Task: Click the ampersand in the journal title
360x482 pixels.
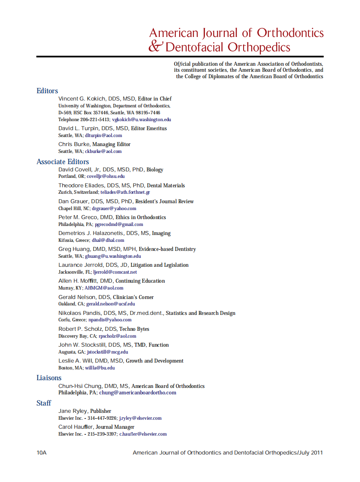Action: click(x=156, y=46)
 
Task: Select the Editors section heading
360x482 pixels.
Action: click(x=47, y=91)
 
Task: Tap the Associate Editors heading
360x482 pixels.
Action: click(x=63, y=162)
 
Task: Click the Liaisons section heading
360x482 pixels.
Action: click(x=49, y=378)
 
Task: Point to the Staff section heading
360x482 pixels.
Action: click(x=44, y=403)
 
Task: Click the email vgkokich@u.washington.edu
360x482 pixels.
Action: click(x=141, y=120)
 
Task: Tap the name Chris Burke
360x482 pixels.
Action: click(x=73, y=144)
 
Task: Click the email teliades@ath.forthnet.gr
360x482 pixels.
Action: click(x=125, y=192)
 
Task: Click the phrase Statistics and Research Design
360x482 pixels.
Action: click(x=200, y=313)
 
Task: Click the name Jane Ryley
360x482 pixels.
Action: click(x=73, y=411)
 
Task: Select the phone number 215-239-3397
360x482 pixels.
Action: click(x=102, y=434)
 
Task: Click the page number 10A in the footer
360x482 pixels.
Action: click(x=42, y=453)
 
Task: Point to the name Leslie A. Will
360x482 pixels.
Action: click(x=76, y=361)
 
